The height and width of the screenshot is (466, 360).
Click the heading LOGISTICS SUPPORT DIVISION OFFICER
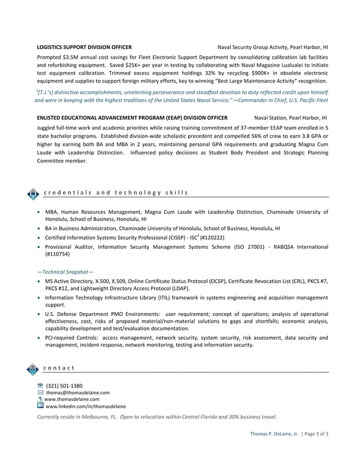84,47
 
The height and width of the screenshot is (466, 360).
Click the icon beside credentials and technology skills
33,194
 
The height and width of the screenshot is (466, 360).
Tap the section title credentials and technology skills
116,192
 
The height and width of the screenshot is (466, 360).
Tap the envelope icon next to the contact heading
33,369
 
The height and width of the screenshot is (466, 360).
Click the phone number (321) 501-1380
64,386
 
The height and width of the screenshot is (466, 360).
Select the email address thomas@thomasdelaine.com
78,393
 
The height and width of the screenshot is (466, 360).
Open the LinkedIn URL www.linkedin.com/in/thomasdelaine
86,406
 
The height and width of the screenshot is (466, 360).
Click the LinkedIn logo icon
40,406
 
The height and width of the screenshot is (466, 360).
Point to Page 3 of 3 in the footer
317,433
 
